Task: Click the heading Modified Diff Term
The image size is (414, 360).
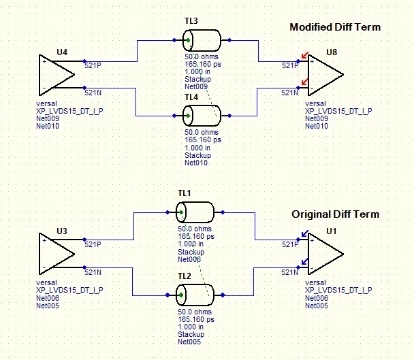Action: [335, 27]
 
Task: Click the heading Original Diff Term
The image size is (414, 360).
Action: [336, 214]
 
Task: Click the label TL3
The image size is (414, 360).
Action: [191, 22]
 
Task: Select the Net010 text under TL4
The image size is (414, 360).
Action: [196, 163]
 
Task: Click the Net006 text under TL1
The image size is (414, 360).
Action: [189, 259]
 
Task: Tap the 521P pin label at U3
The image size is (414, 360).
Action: [92, 244]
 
